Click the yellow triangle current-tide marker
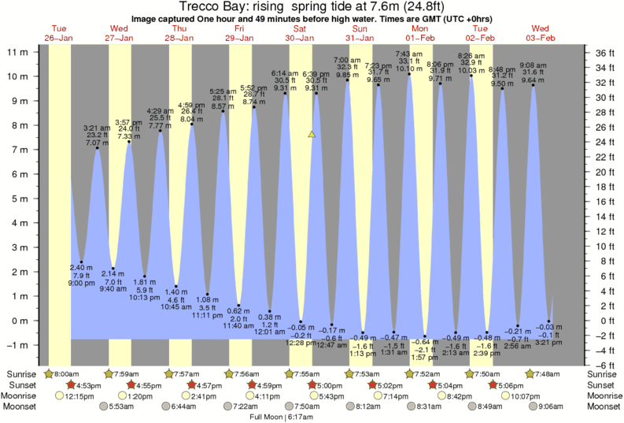click(312, 135)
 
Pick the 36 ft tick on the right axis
click(602, 53)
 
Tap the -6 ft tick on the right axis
click(602, 365)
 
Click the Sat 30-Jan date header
click(299, 33)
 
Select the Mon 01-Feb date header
click(419, 33)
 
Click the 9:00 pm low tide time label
click(82, 283)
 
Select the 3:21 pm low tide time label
click(548, 343)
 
